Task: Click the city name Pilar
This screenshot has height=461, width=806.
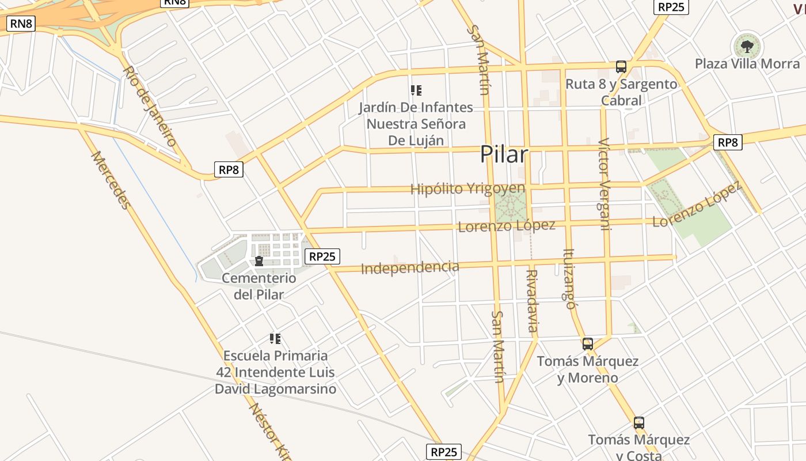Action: point(504,154)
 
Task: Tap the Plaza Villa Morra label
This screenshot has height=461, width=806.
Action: point(747,63)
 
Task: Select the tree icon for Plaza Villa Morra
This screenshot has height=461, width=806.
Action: point(747,46)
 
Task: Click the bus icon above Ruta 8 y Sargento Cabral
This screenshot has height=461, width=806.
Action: point(621,67)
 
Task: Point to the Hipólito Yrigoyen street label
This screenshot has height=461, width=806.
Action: point(467,188)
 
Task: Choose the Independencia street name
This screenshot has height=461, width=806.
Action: point(410,267)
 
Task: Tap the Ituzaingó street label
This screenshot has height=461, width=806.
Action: point(570,278)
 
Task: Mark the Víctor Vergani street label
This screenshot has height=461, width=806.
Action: point(603,184)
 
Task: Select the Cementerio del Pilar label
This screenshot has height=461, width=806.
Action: point(259,286)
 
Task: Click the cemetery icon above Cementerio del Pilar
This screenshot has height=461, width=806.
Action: point(259,262)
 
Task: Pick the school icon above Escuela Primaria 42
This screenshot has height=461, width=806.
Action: point(275,339)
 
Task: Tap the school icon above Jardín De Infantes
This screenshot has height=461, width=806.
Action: point(416,90)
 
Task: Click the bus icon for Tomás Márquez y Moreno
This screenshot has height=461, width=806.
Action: point(587,344)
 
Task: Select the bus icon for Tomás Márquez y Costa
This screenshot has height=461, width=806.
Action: point(638,423)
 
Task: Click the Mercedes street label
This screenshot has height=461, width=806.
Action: point(111,180)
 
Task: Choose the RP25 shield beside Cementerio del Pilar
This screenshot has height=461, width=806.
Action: point(322,256)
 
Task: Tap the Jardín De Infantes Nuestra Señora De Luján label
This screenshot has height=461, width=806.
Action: point(416,124)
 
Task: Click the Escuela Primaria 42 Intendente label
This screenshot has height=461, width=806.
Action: point(275,372)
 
